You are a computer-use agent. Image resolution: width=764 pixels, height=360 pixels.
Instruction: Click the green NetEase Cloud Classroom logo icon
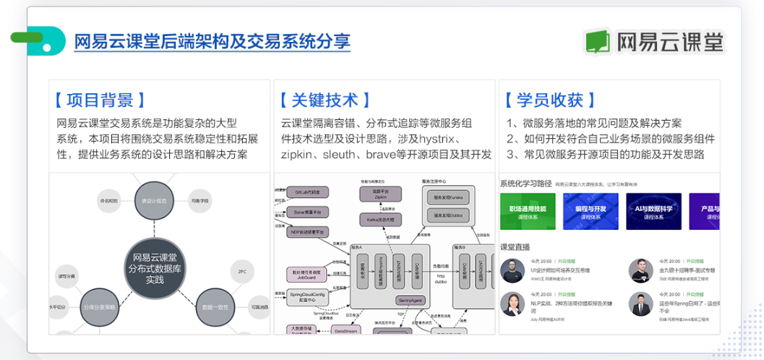coord(598,41)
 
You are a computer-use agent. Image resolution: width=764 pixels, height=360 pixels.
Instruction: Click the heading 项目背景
coord(99,100)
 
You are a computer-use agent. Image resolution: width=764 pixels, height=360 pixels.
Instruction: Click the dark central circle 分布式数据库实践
coord(155,267)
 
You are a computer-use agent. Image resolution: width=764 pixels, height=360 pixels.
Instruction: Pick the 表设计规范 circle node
coord(154,201)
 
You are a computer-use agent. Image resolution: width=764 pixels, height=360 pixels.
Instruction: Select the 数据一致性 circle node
coord(216,307)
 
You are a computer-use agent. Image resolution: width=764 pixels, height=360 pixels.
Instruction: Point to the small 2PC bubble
coord(241,272)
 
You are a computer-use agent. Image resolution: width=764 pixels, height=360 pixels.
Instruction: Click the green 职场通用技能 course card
coord(527,211)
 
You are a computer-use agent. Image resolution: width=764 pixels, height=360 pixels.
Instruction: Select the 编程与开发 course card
coord(590,211)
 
